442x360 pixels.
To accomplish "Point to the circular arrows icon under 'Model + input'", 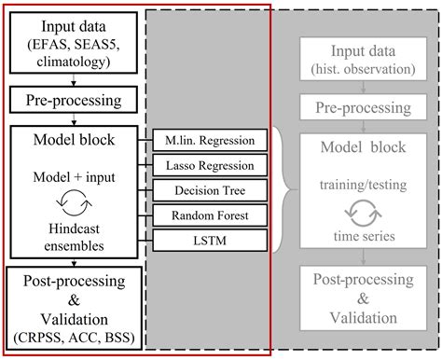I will pos(73,199).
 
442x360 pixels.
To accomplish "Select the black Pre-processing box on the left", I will pos(73,98).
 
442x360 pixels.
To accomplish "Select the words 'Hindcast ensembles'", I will pos(73,229).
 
